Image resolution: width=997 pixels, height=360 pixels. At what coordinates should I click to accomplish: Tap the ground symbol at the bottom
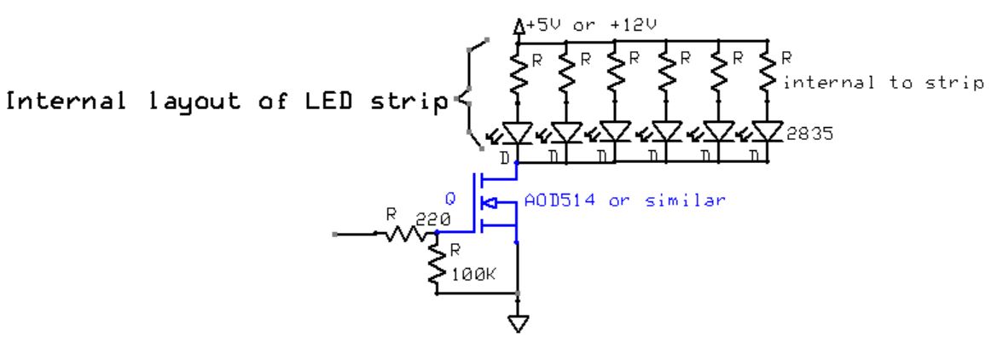[x=517, y=323]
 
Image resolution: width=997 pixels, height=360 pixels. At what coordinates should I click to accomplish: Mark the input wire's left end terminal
[x=335, y=232]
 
